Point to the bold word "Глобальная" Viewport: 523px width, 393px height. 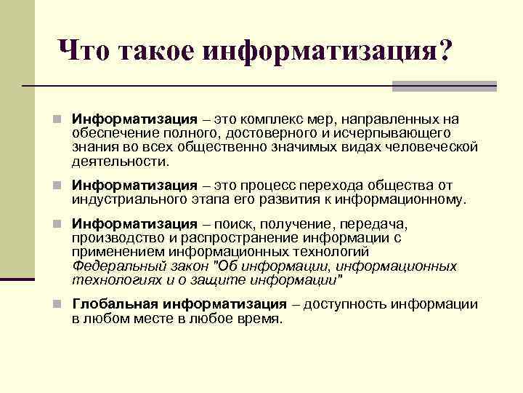[115, 304]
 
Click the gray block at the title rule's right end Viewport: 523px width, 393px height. [444, 86]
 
